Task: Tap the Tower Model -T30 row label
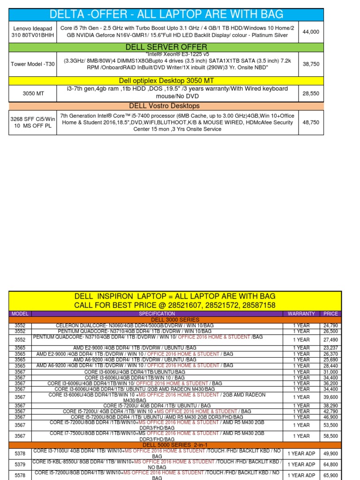[32, 64]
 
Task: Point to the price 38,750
[311, 64]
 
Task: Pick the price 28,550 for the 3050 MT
[311, 93]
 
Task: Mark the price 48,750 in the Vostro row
[311, 122]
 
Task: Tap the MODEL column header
[20, 314]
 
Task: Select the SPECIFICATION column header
[157, 314]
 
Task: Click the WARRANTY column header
[301, 314]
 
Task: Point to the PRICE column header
[330, 314]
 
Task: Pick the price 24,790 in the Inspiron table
[330, 325]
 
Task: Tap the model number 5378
[20, 453]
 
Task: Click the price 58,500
[330, 436]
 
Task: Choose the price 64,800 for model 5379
[330, 465]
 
